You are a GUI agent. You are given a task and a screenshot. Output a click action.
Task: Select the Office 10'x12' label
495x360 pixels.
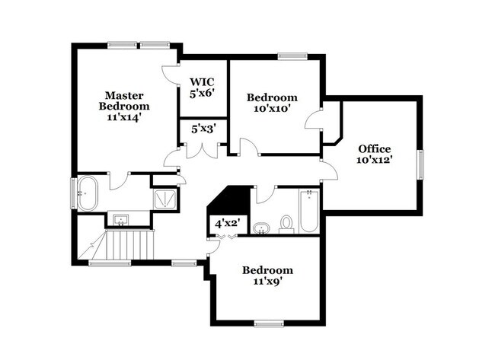tap(374, 154)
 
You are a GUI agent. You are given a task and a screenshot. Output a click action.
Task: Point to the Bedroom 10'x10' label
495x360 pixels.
tap(272, 103)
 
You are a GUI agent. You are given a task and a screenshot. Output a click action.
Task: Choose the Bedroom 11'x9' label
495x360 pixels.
tap(267, 276)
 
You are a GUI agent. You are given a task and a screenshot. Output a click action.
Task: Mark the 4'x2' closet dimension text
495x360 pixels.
tap(225, 224)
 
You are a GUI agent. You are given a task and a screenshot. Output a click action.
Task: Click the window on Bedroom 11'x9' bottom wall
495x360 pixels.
tap(269, 323)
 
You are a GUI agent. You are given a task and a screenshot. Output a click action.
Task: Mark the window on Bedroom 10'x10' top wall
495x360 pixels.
tap(292, 56)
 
